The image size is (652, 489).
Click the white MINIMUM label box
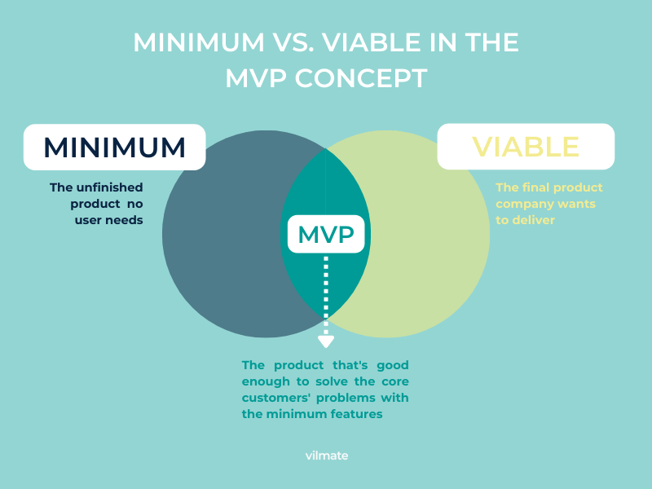click(114, 148)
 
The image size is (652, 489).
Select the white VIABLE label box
click(526, 147)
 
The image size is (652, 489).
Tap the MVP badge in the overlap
click(326, 234)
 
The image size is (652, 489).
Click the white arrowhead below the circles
click(326, 341)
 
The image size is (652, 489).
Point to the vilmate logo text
click(327, 456)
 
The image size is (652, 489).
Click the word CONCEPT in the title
click(361, 78)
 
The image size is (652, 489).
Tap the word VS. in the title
click(293, 42)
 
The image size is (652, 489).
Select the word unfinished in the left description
click(110, 187)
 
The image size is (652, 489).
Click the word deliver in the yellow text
click(534, 220)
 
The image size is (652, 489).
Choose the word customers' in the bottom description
click(276, 398)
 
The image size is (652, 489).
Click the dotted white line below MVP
click(326, 296)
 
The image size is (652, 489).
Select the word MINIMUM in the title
click(199, 42)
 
